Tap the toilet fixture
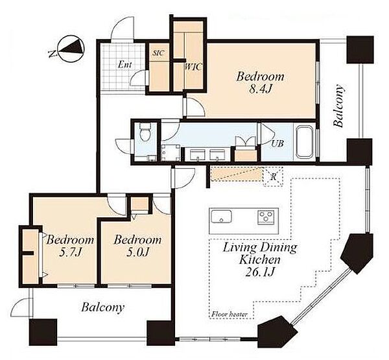tap(144, 131)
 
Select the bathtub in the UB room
tap(304, 142)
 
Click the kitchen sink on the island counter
tap(221, 217)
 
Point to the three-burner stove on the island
tap(266, 217)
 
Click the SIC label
tap(158, 53)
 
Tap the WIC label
tap(193, 67)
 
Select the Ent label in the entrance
tap(124, 65)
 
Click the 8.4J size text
tap(260, 89)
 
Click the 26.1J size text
tap(260, 272)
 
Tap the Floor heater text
tap(230, 315)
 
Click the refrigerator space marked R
tap(273, 177)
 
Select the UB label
tap(277, 143)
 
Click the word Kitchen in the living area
tap(260, 260)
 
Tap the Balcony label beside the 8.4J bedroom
tap(338, 106)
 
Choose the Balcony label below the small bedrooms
tap(102, 308)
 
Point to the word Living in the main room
tap(240, 248)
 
